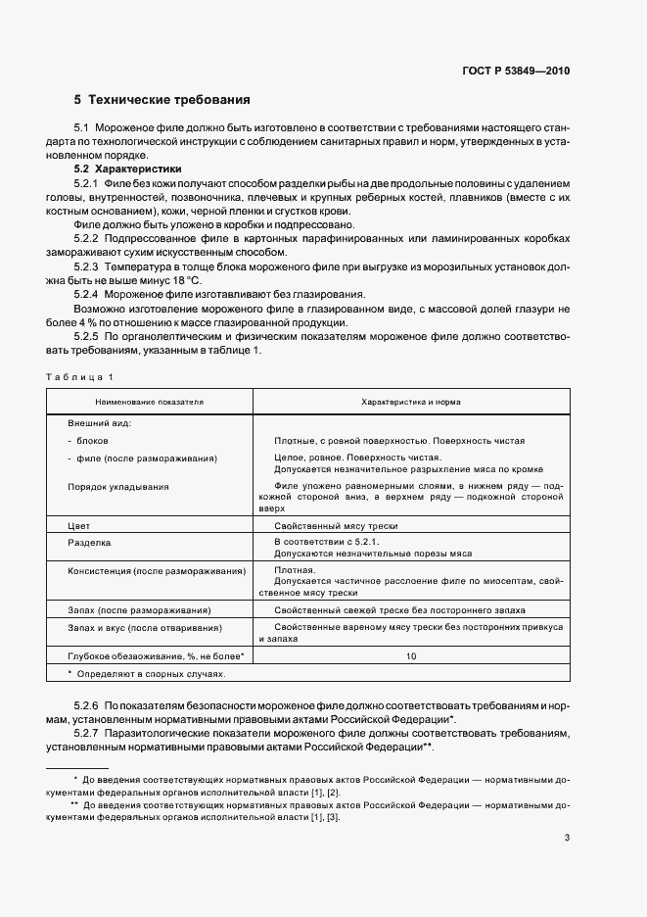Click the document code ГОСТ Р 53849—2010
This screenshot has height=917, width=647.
[x=515, y=72]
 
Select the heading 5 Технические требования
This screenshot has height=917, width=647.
[x=162, y=100]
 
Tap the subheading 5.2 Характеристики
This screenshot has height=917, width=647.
[x=121, y=169]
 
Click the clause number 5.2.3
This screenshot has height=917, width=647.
[x=88, y=265]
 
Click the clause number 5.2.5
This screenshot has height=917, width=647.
[x=88, y=335]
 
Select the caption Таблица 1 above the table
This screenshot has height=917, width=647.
[x=79, y=376]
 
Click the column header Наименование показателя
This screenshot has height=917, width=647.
[x=149, y=402]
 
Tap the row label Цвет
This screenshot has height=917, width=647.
[x=78, y=525]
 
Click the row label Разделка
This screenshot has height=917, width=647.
[x=89, y=541]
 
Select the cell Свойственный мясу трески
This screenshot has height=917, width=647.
[x=336, y=525]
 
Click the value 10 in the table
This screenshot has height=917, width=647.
[x=411, y=654]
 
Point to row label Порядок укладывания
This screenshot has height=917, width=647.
[x=117, y=486]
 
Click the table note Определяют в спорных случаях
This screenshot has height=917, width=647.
[x=147, y=674]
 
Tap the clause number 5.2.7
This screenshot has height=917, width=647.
[x=88, y=733]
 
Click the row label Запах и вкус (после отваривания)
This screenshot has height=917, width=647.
[x=144, y=627]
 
